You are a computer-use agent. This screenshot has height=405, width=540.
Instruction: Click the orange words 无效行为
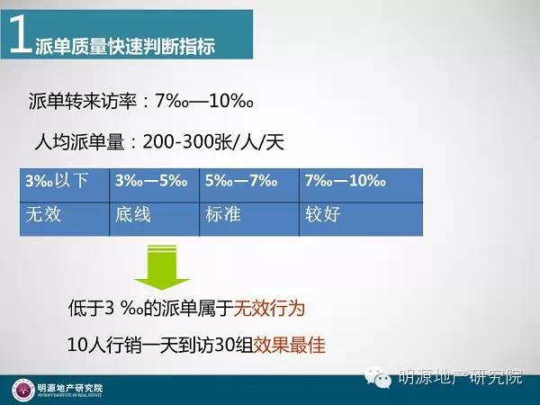(x=269, y=308)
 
